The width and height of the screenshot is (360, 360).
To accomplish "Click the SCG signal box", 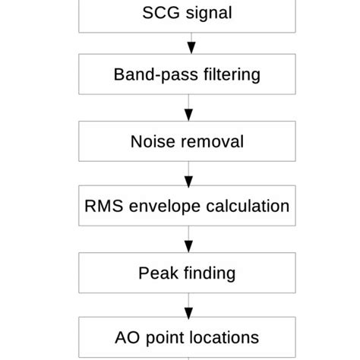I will point(187,14).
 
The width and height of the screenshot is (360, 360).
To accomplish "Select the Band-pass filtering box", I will point(187,75).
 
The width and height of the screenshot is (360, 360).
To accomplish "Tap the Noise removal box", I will point(187,141).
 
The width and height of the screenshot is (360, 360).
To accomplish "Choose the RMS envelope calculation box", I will point(187,207).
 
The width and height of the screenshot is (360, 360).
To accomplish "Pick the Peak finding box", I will point(187,272).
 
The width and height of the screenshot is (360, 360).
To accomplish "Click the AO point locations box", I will point(187,337).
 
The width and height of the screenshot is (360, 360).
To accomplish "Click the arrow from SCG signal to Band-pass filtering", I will point(190,44).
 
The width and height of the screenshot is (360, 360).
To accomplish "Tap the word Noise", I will point(151,141).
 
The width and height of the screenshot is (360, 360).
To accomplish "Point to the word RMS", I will point(101,207).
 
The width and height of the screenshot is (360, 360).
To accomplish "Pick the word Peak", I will point(155,272).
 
